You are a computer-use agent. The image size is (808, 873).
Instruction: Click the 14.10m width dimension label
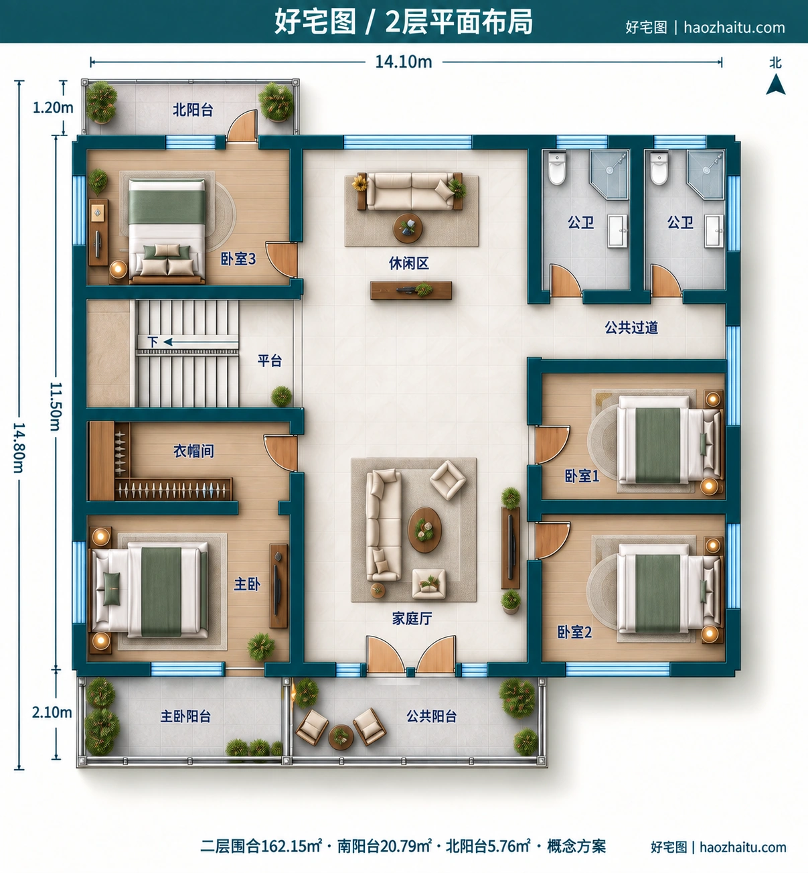(404, 62)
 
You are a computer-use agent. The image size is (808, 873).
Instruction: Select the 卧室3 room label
(238, 259)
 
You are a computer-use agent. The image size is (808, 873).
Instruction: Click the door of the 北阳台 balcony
(242, 126)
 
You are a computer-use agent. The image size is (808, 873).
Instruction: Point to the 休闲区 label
(408, 263)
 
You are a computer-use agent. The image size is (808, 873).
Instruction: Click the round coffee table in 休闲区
(407, 228)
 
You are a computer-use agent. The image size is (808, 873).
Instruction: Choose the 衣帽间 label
(193, 451)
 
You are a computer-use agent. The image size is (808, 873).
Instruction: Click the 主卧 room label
(247, 584)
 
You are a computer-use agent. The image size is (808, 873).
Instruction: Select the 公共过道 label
(631, 328)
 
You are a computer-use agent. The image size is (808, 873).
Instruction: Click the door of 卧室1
(552, 444)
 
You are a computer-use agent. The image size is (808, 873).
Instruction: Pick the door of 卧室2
(552, 540)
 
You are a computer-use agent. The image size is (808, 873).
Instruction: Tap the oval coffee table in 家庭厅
(424, 530)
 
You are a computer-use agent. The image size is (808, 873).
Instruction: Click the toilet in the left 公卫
(557, 169)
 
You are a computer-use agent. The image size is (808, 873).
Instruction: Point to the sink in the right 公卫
(714, 231)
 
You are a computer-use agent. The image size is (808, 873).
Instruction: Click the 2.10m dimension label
(52, 712)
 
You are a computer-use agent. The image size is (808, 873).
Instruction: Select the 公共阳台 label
(432, 716)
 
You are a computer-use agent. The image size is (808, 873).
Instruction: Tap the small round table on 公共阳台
(341, 737)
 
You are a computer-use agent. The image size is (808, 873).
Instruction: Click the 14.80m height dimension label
(19, 448)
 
